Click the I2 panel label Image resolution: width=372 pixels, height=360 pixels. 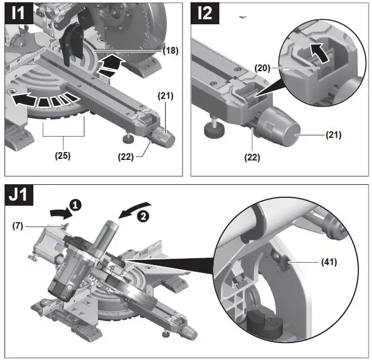205,13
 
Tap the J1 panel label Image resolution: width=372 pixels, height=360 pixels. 19,195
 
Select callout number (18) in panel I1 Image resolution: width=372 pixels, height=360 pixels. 170,50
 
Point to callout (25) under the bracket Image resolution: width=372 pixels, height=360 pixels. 63,155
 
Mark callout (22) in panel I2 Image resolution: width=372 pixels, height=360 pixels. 252,157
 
